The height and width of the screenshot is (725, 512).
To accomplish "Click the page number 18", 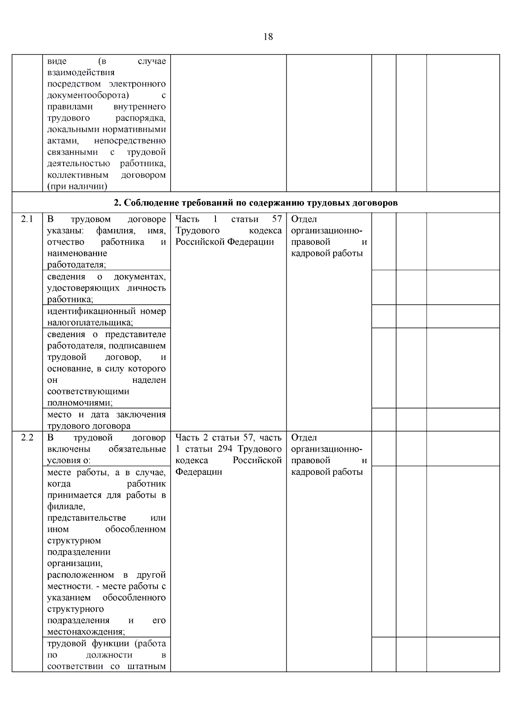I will click(268, 37).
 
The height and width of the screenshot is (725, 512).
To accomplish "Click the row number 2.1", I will click(27, 219).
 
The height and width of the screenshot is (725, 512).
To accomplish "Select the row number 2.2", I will click(27, 437).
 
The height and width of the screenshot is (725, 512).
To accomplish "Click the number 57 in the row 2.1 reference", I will click(277, 219).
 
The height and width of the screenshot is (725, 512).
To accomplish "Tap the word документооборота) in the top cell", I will click(88, 95).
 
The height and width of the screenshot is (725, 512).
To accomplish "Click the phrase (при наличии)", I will click(77, 186).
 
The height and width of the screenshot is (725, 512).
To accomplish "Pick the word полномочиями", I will click(80, 403).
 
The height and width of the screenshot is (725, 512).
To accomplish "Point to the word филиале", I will click(66, 507).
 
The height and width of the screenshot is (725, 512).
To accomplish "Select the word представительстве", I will click(87, 518).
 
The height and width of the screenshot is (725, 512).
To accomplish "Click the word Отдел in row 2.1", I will click(304, 219).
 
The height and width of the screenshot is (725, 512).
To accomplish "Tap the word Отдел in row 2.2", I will click(304, 437).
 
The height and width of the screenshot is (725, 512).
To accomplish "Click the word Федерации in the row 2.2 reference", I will click(198, 472).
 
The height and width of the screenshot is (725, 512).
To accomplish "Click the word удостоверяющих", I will click(84, 288).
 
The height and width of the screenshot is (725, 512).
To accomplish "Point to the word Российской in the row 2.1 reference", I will click(199, 242).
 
